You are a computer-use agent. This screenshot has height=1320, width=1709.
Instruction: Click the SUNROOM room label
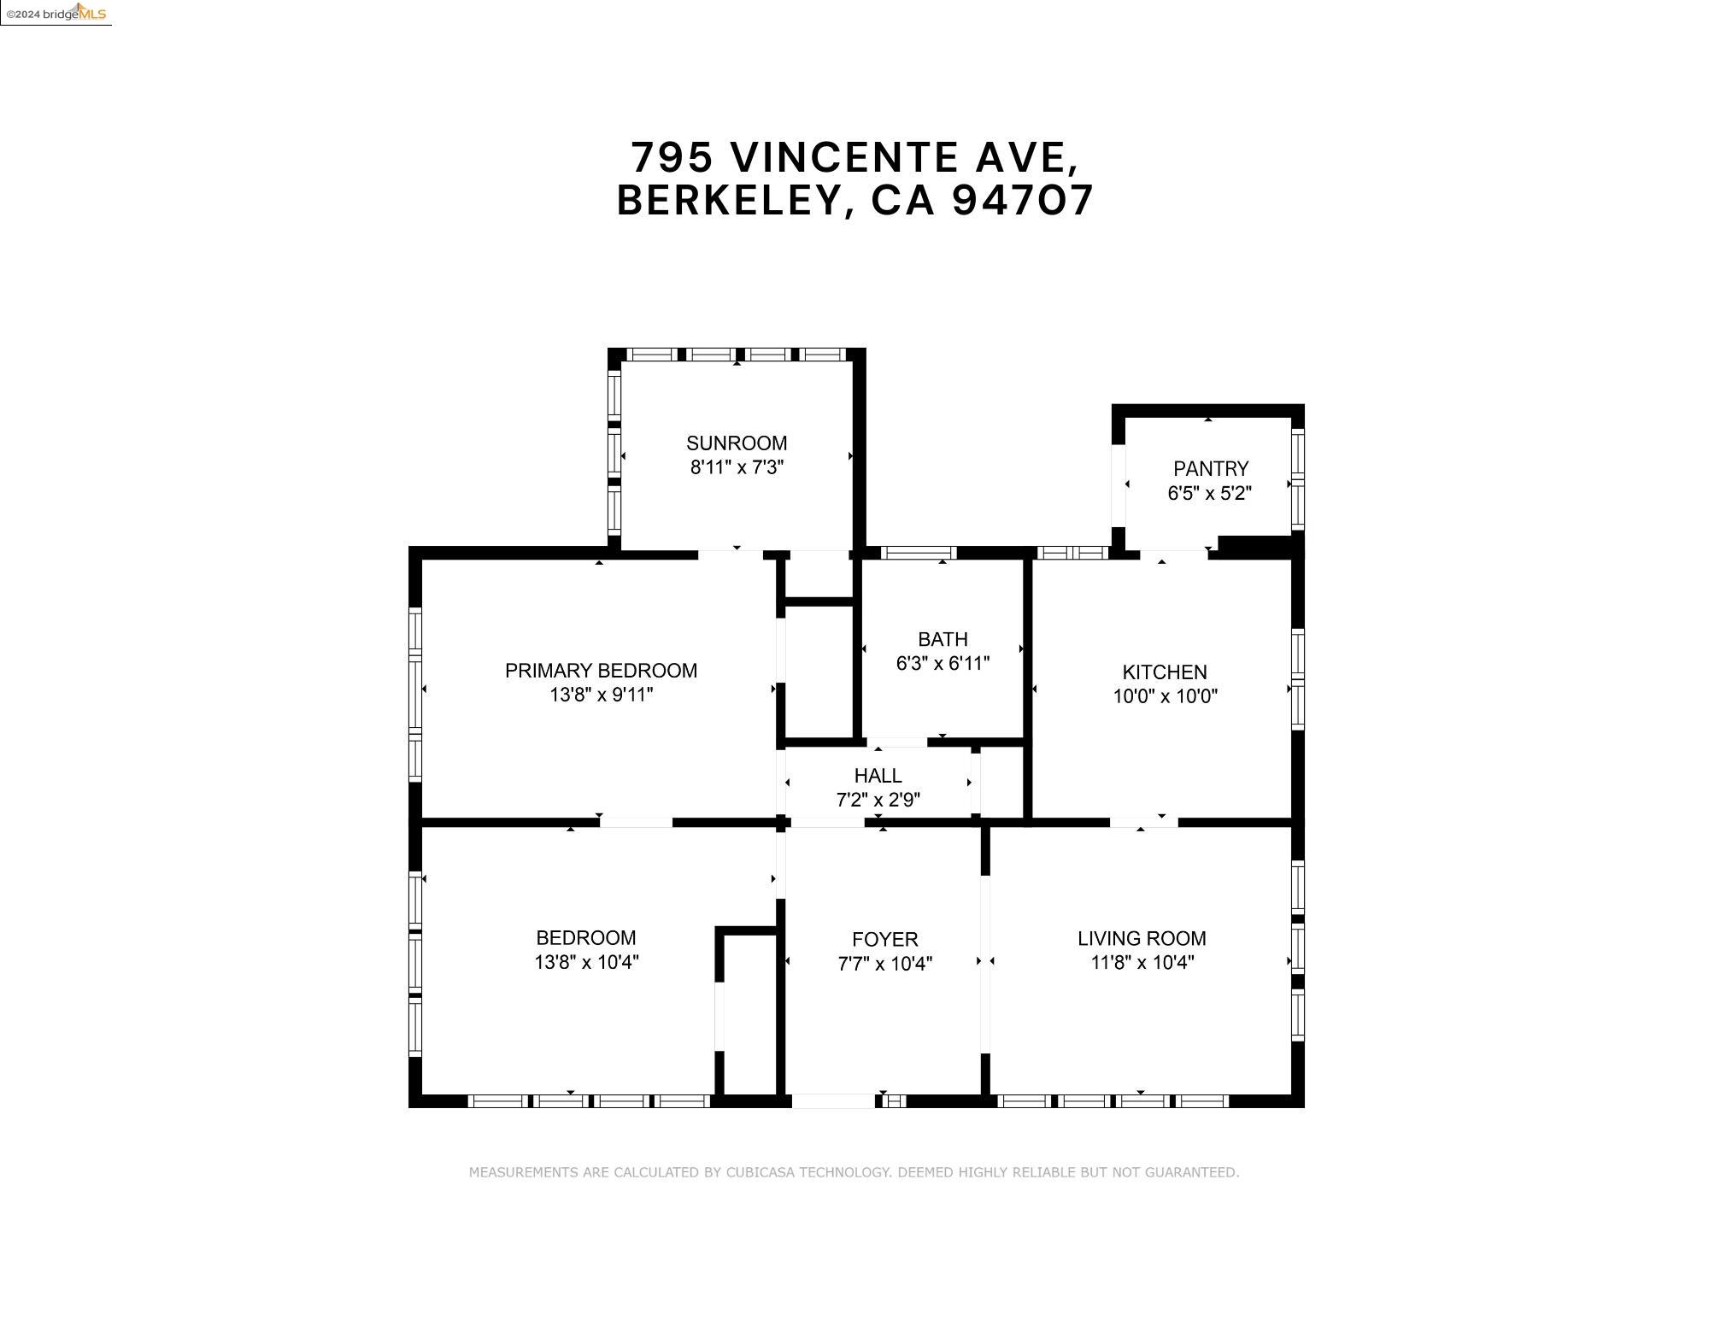point(736,443)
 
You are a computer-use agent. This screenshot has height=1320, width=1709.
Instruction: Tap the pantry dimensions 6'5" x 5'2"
point(1209,493)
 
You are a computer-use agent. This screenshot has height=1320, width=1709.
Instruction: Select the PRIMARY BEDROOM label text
point(601,671)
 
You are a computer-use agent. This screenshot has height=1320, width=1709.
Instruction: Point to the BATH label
point(943,639)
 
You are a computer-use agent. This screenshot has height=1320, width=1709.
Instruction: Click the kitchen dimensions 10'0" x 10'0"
point(1165,696)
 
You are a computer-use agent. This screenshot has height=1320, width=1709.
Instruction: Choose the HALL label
point(878,776)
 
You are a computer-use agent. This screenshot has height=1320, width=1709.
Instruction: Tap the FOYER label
point(884,939)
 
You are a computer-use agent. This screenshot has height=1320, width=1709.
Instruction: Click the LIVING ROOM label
point(1142,938)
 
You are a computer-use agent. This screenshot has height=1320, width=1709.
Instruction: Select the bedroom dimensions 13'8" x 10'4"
point(586,962)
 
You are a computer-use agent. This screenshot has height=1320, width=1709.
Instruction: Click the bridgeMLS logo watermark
point(56,13)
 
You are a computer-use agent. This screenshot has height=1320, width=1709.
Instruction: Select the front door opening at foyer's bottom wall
point(833,1101)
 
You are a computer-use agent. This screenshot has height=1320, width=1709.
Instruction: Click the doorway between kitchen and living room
point(1143,822)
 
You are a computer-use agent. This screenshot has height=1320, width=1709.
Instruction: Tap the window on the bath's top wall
point(918,553)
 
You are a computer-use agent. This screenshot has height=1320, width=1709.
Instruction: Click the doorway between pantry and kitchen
point(1173,554)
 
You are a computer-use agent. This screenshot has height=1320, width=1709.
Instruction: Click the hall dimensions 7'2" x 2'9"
point(878,800)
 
